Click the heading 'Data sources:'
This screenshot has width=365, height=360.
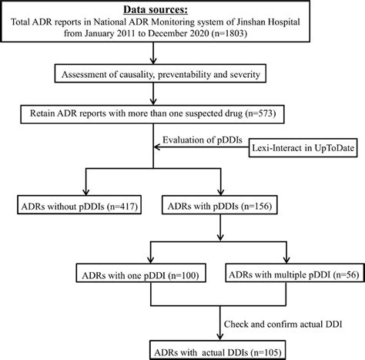pos(156,10)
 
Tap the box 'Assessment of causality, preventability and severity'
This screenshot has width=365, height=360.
pos(160,75)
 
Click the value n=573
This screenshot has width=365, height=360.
pos(261,113)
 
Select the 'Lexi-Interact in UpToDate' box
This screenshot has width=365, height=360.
pos(303,148)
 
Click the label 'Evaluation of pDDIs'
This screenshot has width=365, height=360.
pos(203,140)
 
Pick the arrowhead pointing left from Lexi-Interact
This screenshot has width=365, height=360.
pos(157,147)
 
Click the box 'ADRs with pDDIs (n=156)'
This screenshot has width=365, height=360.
pos(219,205)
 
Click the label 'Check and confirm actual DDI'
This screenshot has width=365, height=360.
pos(283,325)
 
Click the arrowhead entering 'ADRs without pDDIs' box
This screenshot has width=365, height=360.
pos(86,192)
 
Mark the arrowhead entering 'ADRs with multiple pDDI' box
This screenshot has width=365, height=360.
pos(286,260)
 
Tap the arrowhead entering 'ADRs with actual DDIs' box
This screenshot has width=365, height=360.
pos(219,337)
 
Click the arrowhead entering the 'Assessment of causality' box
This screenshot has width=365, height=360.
pos(153,61)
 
